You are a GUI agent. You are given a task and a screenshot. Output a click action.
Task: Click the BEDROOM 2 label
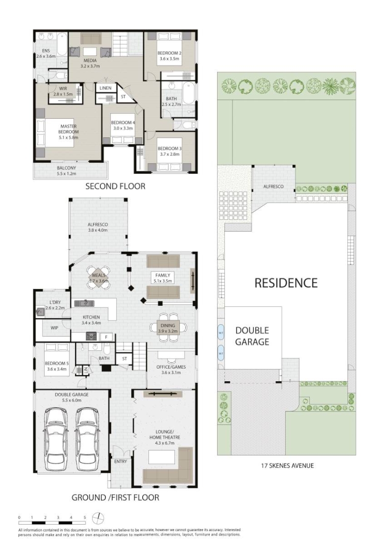pyautogui.click(x=169, y=53)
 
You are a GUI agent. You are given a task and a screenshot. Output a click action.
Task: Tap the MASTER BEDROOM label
pyautogui.click(x=68, y=129)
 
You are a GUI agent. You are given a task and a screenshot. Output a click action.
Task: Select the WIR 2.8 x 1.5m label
pyautogui.click(x=63, y=91)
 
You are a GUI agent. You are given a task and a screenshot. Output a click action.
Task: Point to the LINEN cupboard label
pyautogui.click(x=105, y=88)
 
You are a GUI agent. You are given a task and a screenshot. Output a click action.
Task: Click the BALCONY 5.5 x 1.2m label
pyautogui.click(x=67, y=171)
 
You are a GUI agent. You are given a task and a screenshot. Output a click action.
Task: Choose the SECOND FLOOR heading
pyautogui.click(x=115, y=186)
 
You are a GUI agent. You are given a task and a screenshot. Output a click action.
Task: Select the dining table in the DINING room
pyautogui.click(x=168, y=328)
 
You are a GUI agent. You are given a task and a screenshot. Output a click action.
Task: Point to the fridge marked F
pyautogui.click(x=106, y=337)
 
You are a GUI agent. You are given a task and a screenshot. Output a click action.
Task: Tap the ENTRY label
pyautogui.click(x=121, y=461)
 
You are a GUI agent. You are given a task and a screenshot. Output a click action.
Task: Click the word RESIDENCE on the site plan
pyautogui.click(x=286, y=283)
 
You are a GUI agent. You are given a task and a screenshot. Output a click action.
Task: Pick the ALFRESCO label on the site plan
pyautogui.click(x=273, y=186)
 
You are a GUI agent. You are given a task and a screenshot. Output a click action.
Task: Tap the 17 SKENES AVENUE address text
pyautogui.click(x=287, y=466)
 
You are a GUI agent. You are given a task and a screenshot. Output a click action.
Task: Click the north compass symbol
pyautogui.click(x=98, y=519)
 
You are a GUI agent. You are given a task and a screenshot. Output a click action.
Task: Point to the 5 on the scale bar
pyautogui.click(x=85, y=518)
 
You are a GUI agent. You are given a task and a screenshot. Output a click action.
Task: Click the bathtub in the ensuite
pyautogui.click(x=62, y=44)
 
